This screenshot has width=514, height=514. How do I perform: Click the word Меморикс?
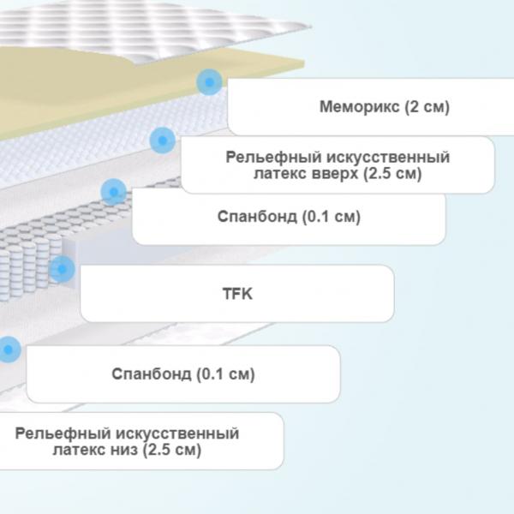pos(360,107)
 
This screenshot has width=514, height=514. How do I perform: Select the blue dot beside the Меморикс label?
pos(209,82)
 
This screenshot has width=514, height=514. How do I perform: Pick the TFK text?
pos(237,294)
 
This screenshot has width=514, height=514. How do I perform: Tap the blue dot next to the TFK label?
pos(62,269)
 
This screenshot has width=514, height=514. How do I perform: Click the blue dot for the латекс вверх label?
pos(162,140)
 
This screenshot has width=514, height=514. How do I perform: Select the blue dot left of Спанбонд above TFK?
pos(113,192)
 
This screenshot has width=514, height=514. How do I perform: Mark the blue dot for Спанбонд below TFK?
pos(9,350)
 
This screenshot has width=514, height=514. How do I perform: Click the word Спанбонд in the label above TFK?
pos(257,217)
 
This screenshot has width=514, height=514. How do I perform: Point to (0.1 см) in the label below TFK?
pos(225,374)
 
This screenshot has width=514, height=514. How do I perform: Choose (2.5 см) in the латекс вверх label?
pos(392,173)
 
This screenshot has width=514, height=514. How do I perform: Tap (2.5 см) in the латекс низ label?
pos(172,450)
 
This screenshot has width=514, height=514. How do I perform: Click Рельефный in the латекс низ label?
pos(63,433)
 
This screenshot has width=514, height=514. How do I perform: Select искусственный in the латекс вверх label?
pos(388,158)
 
